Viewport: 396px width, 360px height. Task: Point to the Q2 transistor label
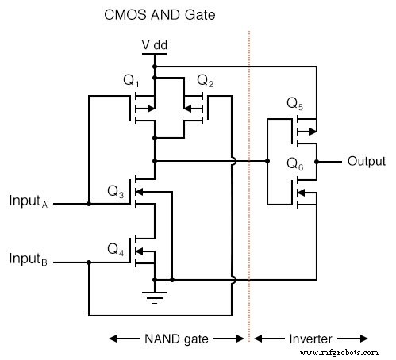205,82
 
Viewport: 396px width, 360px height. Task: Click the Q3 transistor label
116,191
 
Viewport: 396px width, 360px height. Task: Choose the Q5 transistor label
295,104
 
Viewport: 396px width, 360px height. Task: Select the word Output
366,161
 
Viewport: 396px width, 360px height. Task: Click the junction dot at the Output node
317,161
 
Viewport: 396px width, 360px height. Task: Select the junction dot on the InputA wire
89,204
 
